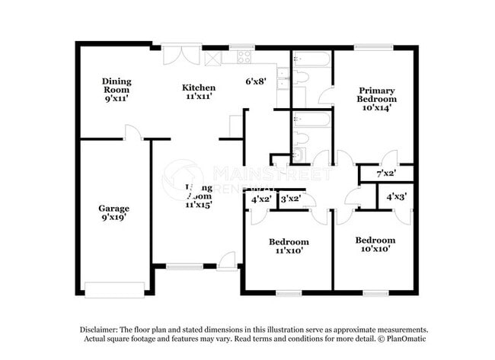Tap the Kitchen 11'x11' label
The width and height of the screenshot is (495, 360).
click(197, 91)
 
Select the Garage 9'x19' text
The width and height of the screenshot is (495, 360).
click(113, 213)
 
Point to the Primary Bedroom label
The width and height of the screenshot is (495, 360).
click(377, 99)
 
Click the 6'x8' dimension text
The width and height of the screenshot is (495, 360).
click(255, 81)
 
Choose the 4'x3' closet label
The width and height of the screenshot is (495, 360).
click(395, 196)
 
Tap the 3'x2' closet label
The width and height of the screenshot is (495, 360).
click(290, 199)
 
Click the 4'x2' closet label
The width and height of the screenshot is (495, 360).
click(260, 199)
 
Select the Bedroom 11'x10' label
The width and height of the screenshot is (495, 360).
click(289, 246)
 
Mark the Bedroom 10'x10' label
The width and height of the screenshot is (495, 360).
click(375, 244)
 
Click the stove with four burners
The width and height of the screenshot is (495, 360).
click(244, 56)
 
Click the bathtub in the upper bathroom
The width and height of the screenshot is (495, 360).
click(311, 59)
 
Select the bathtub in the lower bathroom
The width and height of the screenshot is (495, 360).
click(311, 119)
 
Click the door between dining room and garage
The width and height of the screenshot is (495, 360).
click(133, 133)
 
